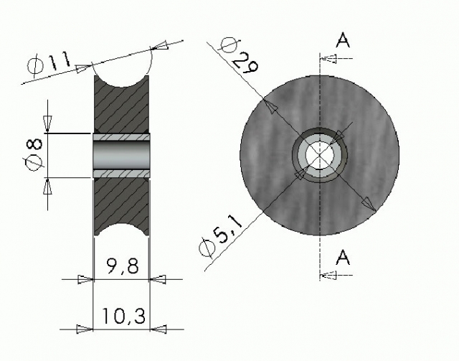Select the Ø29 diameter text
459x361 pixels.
click(240, 55)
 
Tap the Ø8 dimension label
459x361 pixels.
click(34, 155)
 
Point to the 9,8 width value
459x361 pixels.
click(122, 266)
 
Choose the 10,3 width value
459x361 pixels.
click(123, 316)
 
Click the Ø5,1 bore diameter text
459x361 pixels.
click(221, 237)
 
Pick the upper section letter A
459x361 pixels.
click(343, 40)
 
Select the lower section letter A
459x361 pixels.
click(343, 257)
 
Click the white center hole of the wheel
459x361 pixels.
click(319, 155)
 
